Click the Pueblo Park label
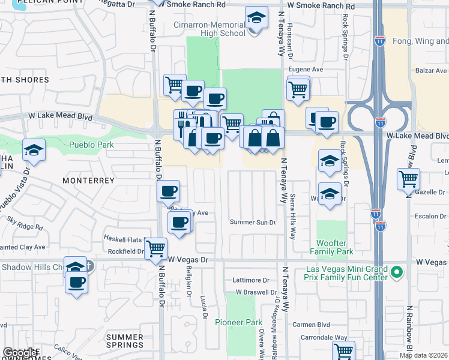91,145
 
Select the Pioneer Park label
238,322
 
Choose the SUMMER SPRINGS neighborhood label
125,341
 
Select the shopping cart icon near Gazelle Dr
408,178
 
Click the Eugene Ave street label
306,70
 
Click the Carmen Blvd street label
308,325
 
